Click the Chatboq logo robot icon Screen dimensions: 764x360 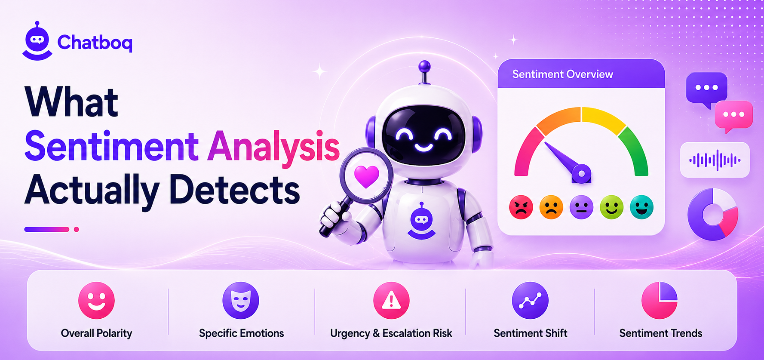[x=37, y=41]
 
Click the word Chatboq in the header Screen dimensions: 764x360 [x=95, y=43]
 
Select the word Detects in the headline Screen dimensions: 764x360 [x=234, y=190]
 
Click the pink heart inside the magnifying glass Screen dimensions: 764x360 [x=366, y=176]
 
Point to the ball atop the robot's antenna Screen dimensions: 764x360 [x=424, y=66]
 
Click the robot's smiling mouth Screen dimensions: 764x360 [x=423, y=147]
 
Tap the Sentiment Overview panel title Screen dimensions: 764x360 [x=562, y=74]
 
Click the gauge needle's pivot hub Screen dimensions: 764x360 [x=581, y=174]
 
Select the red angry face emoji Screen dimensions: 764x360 [x=521, y=207]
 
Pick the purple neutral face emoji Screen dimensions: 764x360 [x=581, y=207]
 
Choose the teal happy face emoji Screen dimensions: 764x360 [x=641, y=207]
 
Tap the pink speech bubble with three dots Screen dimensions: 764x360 [x=734, y=116]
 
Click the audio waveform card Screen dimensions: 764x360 [x=715, y=160]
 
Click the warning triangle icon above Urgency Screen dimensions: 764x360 [x=391, y=300]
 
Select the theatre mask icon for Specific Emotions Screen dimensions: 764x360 [x=241, y=300]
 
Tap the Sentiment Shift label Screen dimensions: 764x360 [x=530, y=333]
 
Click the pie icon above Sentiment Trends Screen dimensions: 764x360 [x=660, y=300]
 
